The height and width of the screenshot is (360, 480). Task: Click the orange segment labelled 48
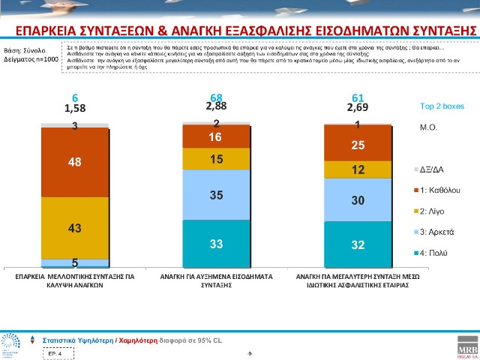(x=75, y=162)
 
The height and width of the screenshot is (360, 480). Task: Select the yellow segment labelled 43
(x=75, y=226)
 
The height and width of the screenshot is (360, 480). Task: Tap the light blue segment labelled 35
(x=216, y=195)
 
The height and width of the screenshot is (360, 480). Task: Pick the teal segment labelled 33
(x=216, y=244)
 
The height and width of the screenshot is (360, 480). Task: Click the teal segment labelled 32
(x=357, y=244)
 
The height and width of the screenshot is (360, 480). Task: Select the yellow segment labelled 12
(x=357, y=170)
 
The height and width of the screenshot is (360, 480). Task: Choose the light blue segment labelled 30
(x=357, y=200)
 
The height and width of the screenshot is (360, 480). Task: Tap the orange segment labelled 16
(x=216, y=136)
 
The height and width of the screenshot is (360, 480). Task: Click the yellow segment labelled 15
(x=216, y=159)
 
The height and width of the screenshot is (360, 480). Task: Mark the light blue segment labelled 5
(x=75, y=263)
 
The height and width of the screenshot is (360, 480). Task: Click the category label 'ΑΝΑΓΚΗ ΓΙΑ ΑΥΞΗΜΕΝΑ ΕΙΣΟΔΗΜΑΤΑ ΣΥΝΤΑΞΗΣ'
(x=216, y=280)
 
